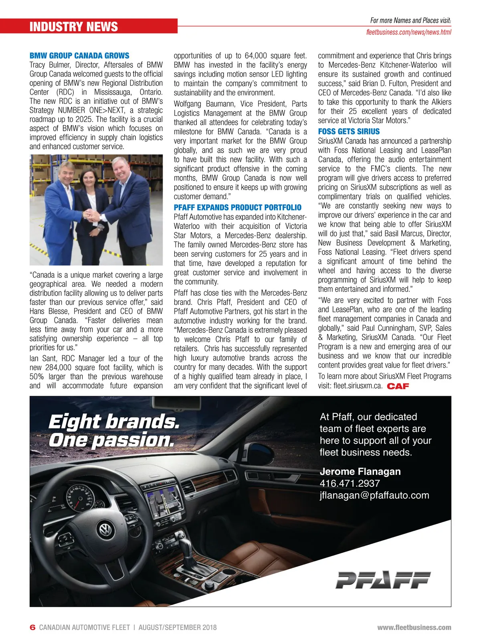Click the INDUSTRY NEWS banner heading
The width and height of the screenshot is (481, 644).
point(74,27)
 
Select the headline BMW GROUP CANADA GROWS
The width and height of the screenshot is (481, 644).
point(79,56)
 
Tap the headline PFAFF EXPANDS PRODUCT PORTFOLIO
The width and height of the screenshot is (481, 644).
point(237,207)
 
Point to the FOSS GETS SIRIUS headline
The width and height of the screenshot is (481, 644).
point(349,132)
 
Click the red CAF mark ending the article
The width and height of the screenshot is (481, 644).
point(398,386)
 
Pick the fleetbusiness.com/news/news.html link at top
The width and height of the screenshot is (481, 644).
point(408,32)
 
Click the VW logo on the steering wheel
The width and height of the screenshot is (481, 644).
point(105,530)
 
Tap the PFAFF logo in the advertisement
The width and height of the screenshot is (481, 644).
point(383,580)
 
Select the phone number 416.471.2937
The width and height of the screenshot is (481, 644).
point(350,483)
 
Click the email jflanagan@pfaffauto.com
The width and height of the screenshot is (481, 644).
point(374,495)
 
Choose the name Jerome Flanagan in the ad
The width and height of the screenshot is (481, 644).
point(360,472)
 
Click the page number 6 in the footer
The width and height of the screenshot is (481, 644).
point(33,627)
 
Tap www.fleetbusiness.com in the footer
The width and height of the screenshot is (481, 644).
point(414,627)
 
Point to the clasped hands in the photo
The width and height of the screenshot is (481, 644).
point(93,216)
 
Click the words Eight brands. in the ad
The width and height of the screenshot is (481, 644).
point(114,421)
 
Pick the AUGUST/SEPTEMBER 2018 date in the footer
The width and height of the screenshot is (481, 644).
point(177,627)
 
